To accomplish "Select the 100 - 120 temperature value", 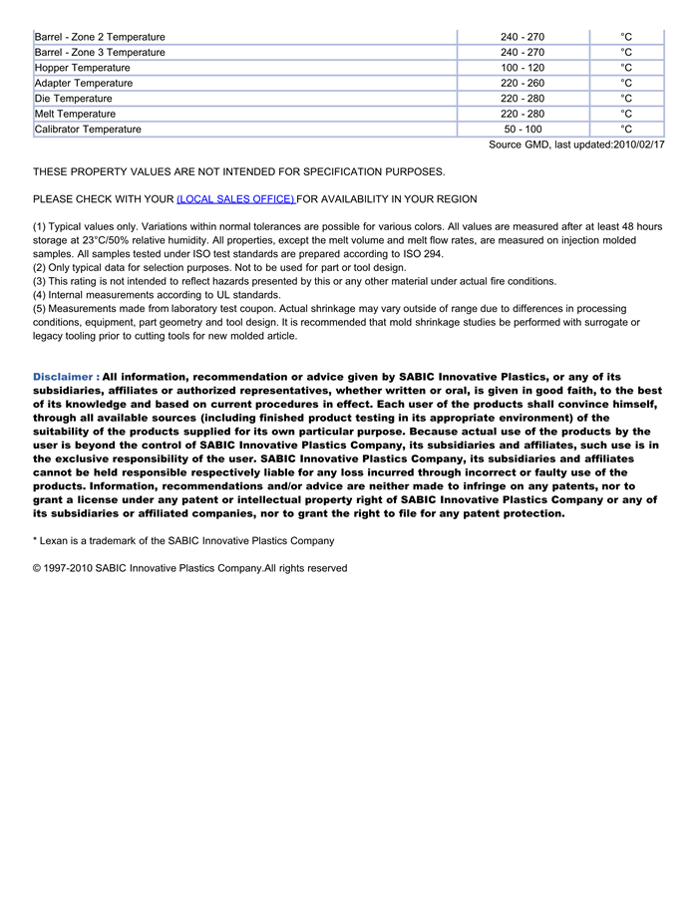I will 523,68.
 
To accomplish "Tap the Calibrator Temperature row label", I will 88,130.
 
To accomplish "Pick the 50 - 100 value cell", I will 523,130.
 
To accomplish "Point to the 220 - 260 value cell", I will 523,83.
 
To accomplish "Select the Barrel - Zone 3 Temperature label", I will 100,52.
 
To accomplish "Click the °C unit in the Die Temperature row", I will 626,99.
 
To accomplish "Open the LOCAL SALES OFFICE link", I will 235,199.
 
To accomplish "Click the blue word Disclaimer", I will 63,377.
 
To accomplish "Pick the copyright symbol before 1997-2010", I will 38,568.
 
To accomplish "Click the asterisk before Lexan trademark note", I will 35,540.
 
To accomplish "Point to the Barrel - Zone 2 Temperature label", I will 100,37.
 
